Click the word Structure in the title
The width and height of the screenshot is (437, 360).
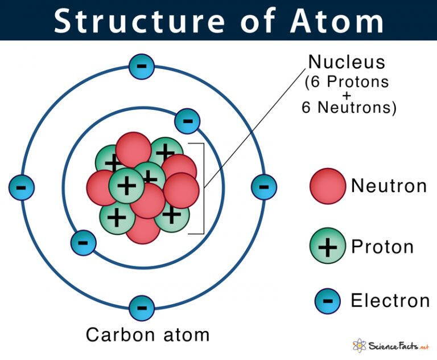coord(139,21)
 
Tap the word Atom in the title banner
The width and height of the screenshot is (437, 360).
coord(337,21)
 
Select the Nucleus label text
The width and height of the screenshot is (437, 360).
coord(347,62)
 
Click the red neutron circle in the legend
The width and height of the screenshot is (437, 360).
coord(328,186)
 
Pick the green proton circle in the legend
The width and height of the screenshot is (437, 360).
coord(328,246)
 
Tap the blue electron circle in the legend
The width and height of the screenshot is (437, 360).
coord(328,301)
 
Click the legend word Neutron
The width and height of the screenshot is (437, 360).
coord(389,186)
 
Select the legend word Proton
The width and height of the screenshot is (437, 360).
coord(382,247)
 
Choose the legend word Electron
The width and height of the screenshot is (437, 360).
coord(390,301)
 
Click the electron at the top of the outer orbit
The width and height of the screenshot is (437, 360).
coord(142,67)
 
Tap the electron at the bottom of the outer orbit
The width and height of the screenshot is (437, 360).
coord(142,308)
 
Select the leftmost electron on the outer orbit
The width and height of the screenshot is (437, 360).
coord(22,187)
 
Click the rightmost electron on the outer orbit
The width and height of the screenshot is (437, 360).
coord(264,187)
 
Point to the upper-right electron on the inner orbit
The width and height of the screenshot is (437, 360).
coord(187,121)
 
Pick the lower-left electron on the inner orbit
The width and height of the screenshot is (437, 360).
coord(83,243)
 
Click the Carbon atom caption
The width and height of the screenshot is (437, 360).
coord(148,334)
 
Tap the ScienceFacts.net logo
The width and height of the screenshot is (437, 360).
coord(390,346)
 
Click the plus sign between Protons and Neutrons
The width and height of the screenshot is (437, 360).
coord(347,96)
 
